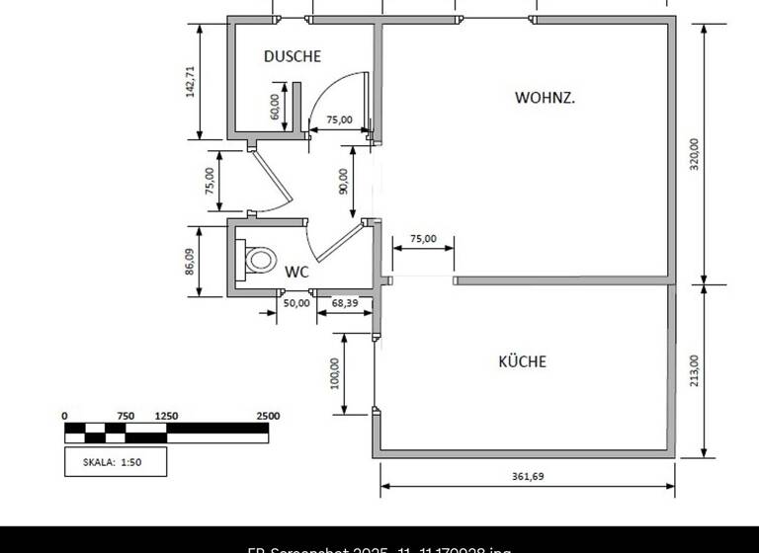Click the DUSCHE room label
pos(293,57)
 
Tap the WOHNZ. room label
pos(546,98)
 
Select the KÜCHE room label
pos(522,361)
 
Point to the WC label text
pos(297,272)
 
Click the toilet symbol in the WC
pos(260,260)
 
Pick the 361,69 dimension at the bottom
pos(528,477)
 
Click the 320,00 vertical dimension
pos(694,155)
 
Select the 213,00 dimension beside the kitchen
pos(694,371)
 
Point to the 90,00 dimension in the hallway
pos(343,181)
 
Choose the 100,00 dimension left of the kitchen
pos(335,373)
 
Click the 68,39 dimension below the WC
pos(345,303)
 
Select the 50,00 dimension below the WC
pos(296,303)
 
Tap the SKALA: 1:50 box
pos(116,461)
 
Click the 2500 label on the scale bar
pos(268,417)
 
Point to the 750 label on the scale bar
pos(126,417)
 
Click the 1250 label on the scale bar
pos(167,417)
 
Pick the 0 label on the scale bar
pos(65,417)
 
